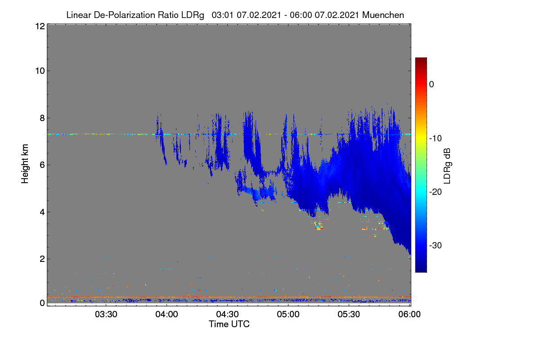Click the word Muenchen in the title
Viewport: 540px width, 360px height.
pos(383,15)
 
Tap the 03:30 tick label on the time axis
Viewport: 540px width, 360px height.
pos(106,314)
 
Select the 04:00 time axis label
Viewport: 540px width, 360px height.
pos(166,314)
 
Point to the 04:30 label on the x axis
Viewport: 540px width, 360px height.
pos(227,314)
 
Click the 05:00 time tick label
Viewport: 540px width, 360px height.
pos(288,314)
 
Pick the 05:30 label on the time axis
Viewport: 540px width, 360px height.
pos(349,314)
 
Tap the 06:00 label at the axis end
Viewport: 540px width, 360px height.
pos(409,314)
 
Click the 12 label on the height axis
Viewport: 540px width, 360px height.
pos(40,26)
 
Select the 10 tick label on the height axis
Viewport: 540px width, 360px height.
pos(40,71)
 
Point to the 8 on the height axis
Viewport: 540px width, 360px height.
pos(42,118)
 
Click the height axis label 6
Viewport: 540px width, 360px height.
pos(42,165)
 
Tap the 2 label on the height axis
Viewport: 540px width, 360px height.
pos(42,259)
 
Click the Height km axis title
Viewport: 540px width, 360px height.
pos(25,164)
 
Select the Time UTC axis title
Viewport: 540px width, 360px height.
pos(229,324)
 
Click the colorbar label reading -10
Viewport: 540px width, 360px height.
pos(436,139)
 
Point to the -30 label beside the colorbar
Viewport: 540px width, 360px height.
pos(436,245)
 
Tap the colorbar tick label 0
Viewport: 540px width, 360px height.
pos(432,85)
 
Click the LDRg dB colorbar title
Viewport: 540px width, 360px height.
pos(447,166)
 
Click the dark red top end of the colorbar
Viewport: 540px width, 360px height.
pos(421,59)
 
